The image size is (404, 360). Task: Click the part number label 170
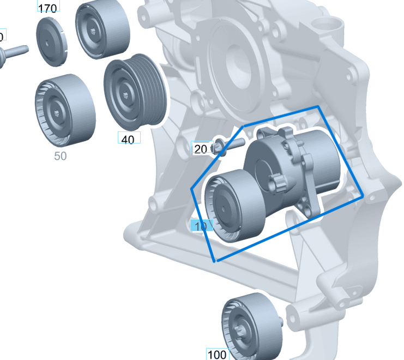click(x=48, y=8)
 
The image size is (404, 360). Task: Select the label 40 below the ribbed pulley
click(x=128, y=139)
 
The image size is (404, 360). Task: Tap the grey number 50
click(x=60, y=156)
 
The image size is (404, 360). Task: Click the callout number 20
click(x=201, y=149)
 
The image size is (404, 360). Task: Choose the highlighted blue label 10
click(x=200, y=226)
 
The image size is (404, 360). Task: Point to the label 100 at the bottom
click(x=217, y=355)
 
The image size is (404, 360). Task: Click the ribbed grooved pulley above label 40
click(x=134, y=90)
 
